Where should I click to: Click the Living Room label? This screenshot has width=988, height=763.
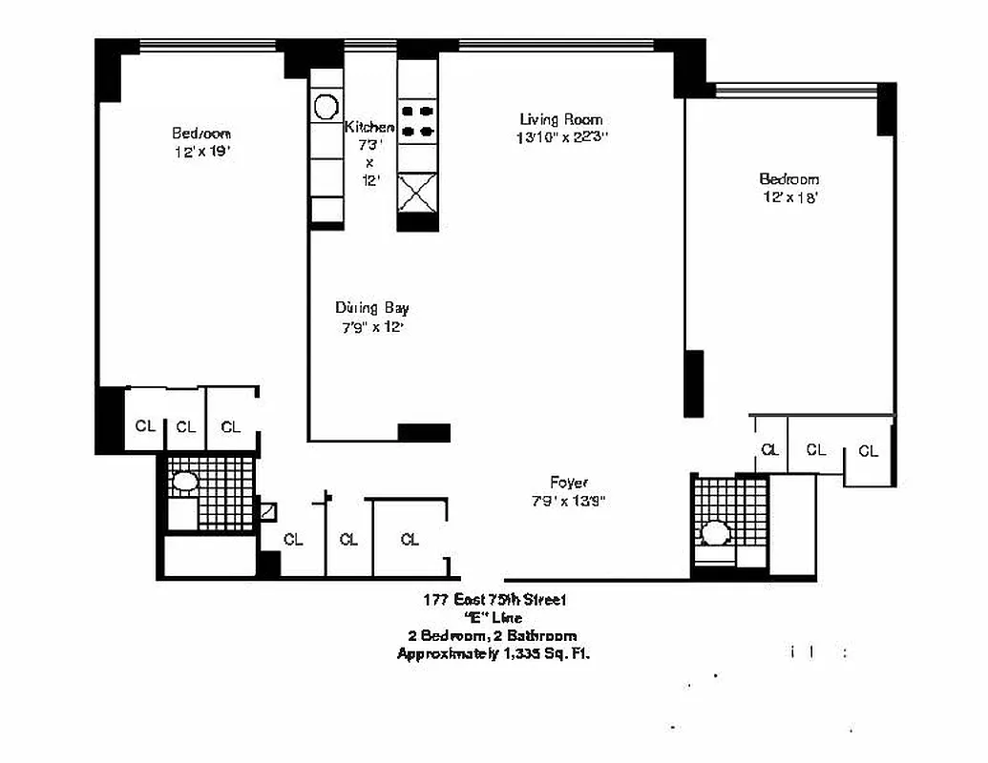tap(560, 119)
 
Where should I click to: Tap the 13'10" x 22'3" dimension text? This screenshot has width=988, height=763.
tap(560, 137)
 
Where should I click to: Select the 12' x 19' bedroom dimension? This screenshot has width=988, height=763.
tap(201, 152)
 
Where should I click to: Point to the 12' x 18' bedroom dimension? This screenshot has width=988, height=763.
tap(789, 197)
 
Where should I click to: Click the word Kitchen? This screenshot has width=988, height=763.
tap(369, 127)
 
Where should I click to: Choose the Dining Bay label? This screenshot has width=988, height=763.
tap(372, 308)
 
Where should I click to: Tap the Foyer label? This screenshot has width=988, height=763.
tap(568, 483)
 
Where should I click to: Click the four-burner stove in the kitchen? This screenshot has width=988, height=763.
tap(418, 120)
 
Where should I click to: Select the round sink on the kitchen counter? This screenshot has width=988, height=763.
tap(326, 106)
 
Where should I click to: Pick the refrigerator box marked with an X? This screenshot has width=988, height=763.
tap(418, 193)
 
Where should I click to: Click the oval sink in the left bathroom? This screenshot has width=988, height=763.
tap(183, 483)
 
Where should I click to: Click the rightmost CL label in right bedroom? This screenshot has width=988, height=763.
tap(868, 452)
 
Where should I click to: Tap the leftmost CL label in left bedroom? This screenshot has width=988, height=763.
tap(145, 426)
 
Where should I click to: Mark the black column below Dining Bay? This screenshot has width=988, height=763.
tap(424, 433)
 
